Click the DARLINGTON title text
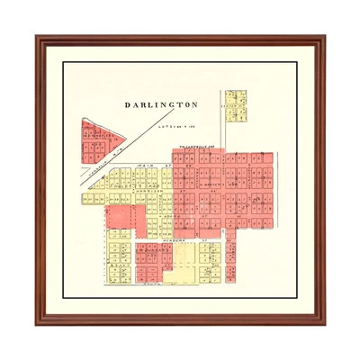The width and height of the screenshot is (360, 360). point(161,105)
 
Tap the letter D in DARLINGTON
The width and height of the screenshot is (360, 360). point(127,105)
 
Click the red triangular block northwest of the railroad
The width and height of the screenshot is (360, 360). point(100,144)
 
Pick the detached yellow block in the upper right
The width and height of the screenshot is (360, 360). point(236,105)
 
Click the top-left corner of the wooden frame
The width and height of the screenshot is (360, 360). point(37,37)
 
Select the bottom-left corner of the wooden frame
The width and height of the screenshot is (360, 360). point(37,324)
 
